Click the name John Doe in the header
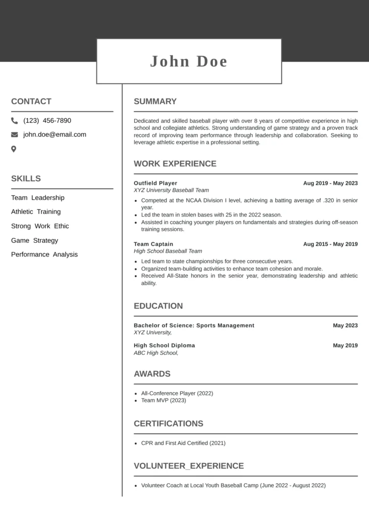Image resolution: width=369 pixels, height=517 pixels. click(189, 62)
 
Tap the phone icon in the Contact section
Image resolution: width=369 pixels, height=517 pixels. click(14, 121)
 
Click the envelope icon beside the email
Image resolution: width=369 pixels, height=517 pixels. click(14, 135)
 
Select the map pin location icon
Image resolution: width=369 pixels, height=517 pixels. click(14, 149)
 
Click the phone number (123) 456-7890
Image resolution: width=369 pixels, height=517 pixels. click(47, 121)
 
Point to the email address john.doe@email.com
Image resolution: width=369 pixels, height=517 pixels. click(55, 135)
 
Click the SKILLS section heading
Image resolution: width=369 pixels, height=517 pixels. click(26, 179)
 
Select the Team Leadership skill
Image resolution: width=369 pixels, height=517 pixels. click(38, 198)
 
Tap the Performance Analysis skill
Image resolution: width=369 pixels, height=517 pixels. click(44, 254)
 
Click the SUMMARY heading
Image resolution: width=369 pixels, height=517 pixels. click(155, 101)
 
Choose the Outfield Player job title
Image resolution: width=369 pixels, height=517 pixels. click(155, 183)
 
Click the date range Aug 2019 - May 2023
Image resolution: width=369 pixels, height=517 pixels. click(330, 183)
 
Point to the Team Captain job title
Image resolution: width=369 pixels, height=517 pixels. click(153, 244)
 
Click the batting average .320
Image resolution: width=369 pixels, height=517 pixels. click(329, 200)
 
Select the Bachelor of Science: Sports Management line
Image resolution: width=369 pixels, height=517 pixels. click(194, 326)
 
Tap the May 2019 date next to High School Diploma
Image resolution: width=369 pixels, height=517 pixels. click(345, 346)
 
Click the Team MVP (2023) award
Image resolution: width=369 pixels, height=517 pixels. click(164, 400)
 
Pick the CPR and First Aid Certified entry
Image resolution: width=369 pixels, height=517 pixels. click(183, 443)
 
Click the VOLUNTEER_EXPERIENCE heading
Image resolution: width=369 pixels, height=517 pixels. click(189, 466)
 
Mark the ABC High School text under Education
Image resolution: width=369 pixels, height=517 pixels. click(156, 353)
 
